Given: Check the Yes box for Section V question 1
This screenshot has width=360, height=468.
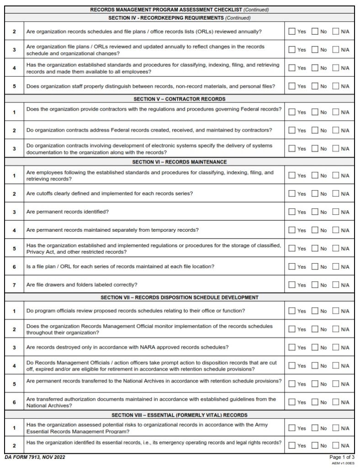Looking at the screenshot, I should [x=291, y=112].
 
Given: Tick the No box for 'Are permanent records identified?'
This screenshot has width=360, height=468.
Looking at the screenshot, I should [x=315, y=212].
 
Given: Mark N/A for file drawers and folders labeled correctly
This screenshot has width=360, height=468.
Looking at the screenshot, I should [x=336, y=285].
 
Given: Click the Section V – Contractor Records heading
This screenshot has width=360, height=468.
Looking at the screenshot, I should [x=179, y=99].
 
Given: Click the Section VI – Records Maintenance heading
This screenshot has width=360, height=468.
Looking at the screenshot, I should [x=179, y=162].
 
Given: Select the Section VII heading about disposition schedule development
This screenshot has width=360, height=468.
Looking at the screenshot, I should [x=179, y=298].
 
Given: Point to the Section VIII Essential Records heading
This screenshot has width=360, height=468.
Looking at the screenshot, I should [x=179, y=415].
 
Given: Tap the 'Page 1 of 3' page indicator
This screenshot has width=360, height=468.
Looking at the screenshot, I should [x=342, y=457].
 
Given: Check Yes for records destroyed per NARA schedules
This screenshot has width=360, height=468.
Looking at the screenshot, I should [x=291, y=347].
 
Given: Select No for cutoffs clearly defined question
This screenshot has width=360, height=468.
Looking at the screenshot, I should [x=315, y=194].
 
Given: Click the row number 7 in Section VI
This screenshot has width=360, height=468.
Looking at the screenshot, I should [x=14, y=285].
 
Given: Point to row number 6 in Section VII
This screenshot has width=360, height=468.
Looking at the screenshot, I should [x=14, y=402].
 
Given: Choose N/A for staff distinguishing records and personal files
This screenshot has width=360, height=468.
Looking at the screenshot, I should [x=336, y=86].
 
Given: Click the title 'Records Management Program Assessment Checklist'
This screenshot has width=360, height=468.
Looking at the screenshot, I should [x=166, y=10].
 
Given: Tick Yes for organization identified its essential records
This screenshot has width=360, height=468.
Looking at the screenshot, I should [x=291, y=445].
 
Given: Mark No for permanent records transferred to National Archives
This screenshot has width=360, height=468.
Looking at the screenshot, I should [x=315, y=384].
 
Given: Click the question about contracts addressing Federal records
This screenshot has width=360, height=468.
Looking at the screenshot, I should [x=149, y=130].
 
